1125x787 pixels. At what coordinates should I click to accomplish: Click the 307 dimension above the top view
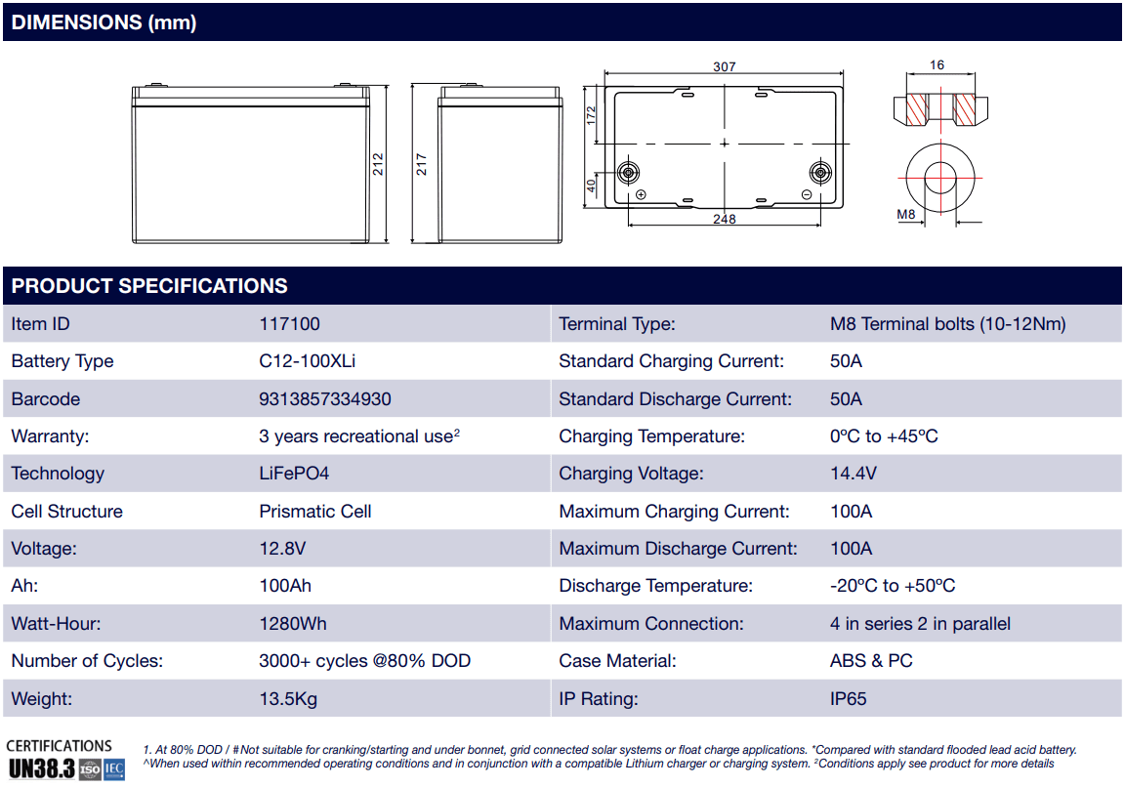pos(724,66)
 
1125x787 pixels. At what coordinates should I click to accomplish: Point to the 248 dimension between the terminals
pos(724,219)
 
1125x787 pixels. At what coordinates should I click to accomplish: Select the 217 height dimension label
pos(422,164)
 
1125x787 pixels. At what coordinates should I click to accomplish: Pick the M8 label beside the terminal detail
pos(905,214)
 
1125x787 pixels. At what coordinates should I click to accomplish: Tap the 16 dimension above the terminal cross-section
pos(937,65)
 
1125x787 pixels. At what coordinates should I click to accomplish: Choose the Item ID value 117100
pos(289,324)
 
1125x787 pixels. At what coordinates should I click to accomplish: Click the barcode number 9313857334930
pos(324,399)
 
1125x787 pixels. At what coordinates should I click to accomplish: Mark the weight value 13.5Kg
pos(288,699)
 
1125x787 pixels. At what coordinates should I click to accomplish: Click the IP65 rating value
pos(848,699)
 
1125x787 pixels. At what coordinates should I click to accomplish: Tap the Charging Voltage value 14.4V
pos(853,474)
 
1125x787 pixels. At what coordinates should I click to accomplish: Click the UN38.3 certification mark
pos(41,768)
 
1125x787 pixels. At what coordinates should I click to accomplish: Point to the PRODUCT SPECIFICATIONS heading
pos(149,286)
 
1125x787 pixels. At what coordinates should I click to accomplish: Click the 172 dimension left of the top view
pos(590,116)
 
